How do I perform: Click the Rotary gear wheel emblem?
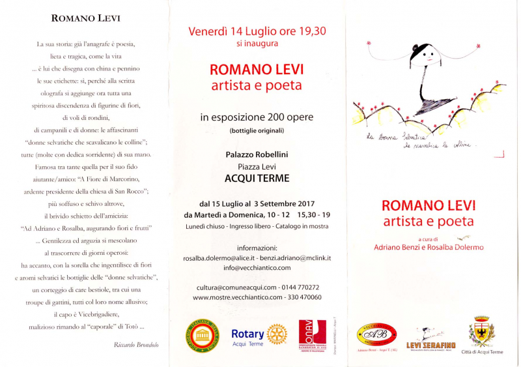point(276,334)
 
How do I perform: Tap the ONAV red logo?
point(311,334)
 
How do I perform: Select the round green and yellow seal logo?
point(202,334)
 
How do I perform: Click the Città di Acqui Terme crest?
point(482,331)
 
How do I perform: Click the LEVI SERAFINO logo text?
point(430,344)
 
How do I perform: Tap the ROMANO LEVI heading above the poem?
point(86,18)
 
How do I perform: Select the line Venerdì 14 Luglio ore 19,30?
point(257,31)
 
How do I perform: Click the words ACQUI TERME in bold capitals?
point(257,177)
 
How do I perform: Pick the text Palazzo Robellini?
point(257,154)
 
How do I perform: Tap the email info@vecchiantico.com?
point(257,268)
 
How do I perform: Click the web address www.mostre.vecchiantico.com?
point(237,297)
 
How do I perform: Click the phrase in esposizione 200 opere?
point(257,117)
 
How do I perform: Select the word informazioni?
point(257,248)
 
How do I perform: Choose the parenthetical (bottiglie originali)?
point(257,131)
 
